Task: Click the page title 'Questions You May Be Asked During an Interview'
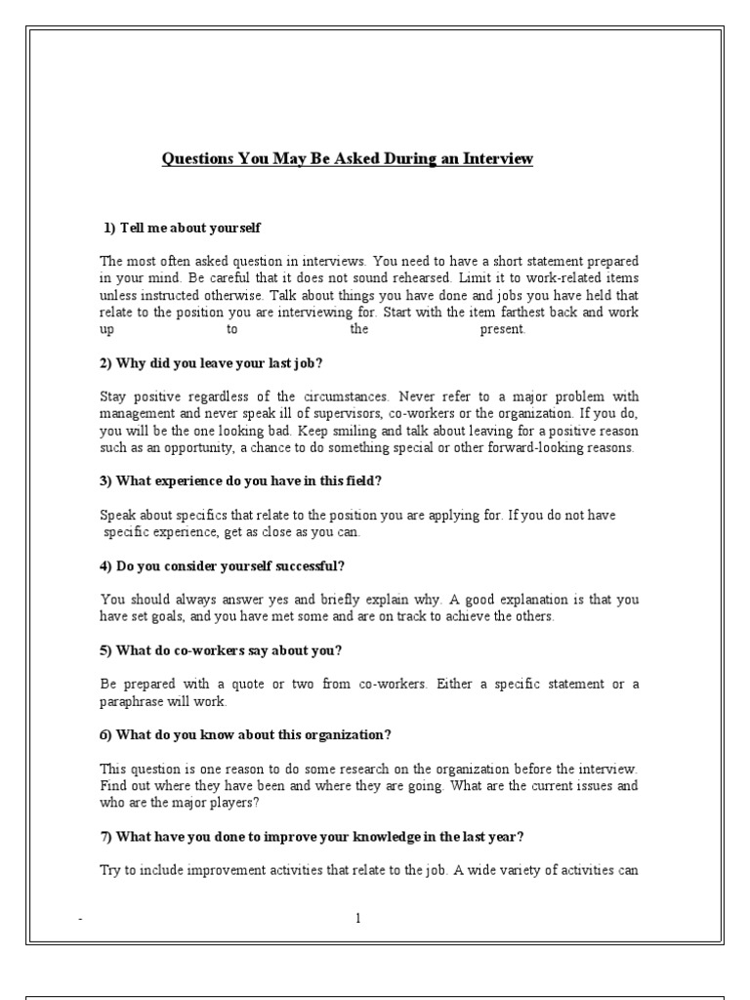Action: [348, 158]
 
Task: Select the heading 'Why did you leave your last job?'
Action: [210, 363]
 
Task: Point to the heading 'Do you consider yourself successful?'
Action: [222, 565]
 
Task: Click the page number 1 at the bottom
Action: [358, 918]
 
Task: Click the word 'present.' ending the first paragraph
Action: [503, 329]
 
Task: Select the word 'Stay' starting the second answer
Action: [113, 396]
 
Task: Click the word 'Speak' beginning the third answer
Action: [118, 515]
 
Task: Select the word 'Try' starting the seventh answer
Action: [110, 869]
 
